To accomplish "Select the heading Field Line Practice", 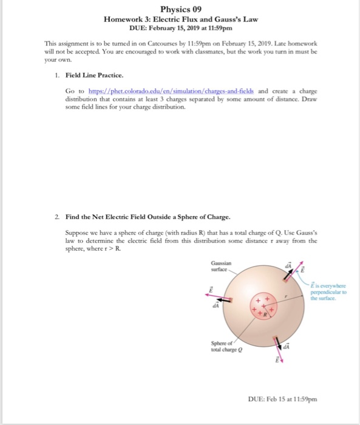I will [91, 75].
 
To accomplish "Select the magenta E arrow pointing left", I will [217, 299].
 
